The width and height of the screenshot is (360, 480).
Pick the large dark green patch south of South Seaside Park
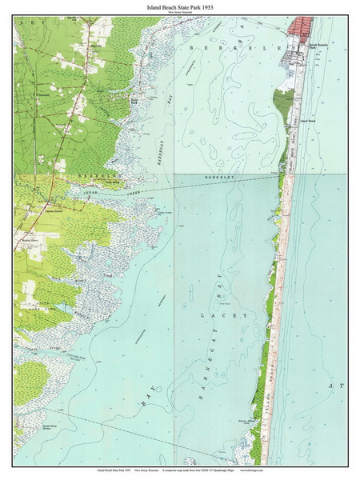[283, 104]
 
